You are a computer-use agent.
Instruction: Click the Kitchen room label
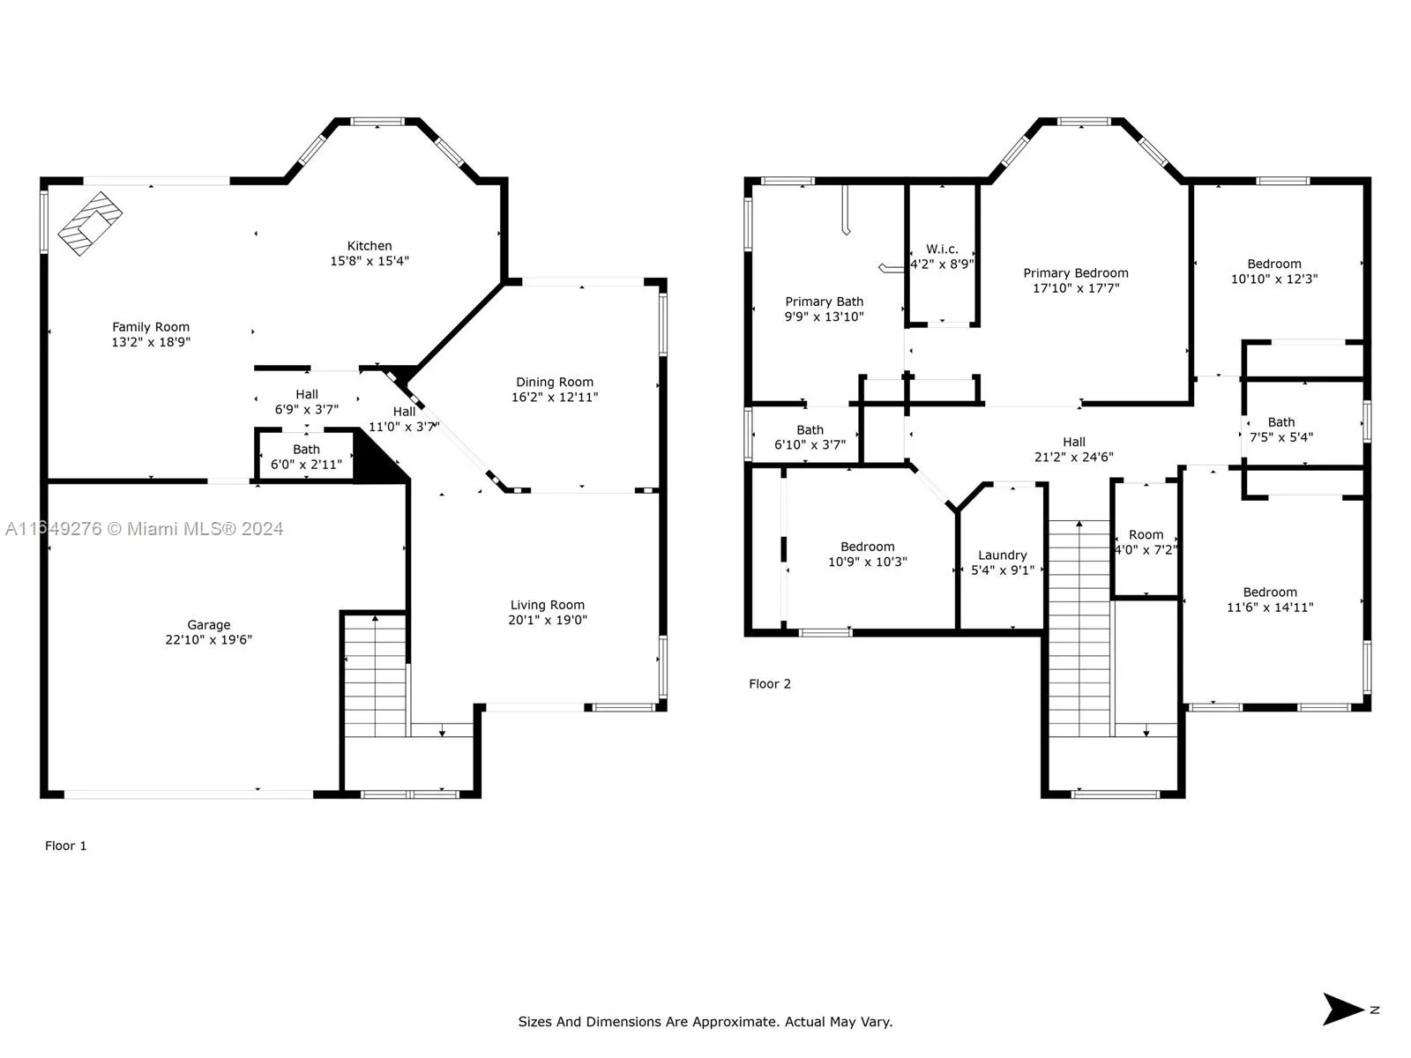coord(369,246)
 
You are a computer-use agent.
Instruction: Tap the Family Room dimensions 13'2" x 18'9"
coord(151,342)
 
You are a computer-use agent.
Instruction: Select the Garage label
coord(209,624)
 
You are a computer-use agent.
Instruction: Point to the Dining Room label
coord(554,383)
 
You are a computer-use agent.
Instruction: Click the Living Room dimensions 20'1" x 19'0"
coord(548,620)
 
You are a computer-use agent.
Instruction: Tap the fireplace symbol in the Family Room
coord(90,224)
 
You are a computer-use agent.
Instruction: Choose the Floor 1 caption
coord(65,846)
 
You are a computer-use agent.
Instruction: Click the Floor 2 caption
coord(770,684)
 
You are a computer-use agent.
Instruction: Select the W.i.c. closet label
coord(942,250)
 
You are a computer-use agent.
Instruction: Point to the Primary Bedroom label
coord(1075,273)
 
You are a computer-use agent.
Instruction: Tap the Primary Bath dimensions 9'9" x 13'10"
coord(824,317)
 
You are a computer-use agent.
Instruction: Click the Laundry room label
coord(1002,555)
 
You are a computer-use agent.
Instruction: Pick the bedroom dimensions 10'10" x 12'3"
coord(1274,279)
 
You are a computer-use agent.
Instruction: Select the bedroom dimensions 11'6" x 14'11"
coord(1270,607)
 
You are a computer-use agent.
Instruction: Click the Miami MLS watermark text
coord(144,529)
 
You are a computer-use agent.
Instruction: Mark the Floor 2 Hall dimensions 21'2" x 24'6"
coord(1073,457)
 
